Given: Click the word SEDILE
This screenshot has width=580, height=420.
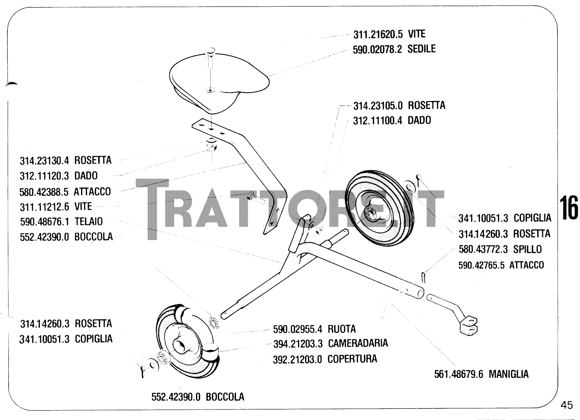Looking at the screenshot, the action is point(421,49).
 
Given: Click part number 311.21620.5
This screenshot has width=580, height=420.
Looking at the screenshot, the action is point(378,34).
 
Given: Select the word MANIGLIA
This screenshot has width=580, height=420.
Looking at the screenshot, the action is point(509,374).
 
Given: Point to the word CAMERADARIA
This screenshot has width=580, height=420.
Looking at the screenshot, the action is point(358,343).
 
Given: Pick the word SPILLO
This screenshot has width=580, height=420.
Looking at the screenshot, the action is point(527,249).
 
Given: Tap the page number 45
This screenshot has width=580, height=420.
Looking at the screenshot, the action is point(567,405).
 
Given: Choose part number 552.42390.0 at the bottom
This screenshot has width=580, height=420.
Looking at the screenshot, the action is point(176,397).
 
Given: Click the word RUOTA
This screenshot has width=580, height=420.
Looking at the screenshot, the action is point(342,329).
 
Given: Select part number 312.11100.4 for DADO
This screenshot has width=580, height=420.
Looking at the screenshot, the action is point(378,121).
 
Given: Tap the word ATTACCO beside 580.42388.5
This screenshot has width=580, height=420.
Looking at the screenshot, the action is point(92,192).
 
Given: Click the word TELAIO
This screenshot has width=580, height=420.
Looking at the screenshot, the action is point(88,222).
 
